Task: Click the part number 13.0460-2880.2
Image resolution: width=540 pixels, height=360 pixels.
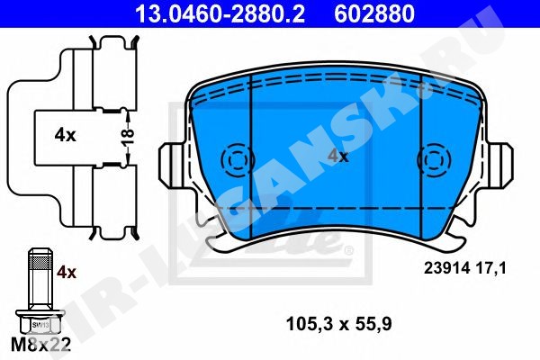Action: click(x=220, y=13)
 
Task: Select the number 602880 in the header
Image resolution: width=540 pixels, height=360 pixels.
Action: click(x=374, y=13)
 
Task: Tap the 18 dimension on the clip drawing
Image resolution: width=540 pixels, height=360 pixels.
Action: click(x=127, y=137)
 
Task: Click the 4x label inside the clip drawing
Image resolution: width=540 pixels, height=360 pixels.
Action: click(x=65, y=135)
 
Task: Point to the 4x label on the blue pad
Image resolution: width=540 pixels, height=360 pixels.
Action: click(x=337, y=156)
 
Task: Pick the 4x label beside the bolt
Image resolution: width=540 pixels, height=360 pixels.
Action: click(x=66, y=272)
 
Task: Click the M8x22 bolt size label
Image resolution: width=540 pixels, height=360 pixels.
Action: click(x=41, y=344)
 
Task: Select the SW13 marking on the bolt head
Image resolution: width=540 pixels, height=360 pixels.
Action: click(x=40, y=325)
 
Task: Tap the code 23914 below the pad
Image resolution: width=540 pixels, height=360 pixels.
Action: click(x=446, y=268)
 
